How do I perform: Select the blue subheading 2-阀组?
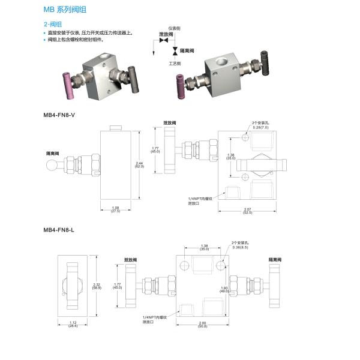(x=53, y=23)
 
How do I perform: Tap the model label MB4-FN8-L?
(x=59, y=229)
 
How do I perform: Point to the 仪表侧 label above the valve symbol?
(x=174, y=28)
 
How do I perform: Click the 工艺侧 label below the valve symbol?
(x=175, y=62)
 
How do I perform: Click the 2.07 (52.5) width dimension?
(x=247, y=211)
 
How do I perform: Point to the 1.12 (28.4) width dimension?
(x=72, y=325)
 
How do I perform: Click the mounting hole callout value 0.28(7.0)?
(x=259, y=127)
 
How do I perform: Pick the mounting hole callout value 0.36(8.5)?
(x=239, y=246)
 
